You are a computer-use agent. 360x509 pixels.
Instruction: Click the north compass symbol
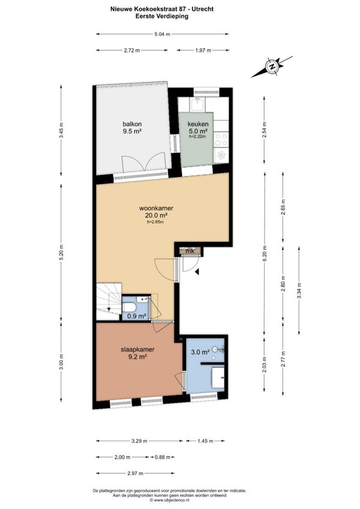click(x=272, y=67)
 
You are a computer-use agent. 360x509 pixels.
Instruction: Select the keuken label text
click(x=198, y=124)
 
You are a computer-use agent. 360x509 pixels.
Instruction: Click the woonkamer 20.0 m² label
click(x=156, y=211)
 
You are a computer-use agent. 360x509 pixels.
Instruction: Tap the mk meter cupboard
click(x=189, y=251)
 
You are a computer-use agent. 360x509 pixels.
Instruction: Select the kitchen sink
click(x=197, y=104)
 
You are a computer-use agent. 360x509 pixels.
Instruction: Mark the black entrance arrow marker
click(x=197, y=272)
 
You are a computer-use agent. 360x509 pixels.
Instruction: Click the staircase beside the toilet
click(x=109, y=301)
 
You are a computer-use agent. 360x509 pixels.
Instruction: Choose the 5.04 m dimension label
click(x=162, y=34)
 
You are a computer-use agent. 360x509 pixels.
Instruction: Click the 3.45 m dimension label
click(x=61, y=130)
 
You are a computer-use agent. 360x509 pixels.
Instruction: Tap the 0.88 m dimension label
click(x=163, y=457)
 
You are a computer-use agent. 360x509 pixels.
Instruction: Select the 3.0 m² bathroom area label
click(x=200, y=352)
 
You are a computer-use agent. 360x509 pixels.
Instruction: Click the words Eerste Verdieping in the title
click(x=162, y=16)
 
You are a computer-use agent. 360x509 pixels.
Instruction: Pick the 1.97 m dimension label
click(x=203, y=50)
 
